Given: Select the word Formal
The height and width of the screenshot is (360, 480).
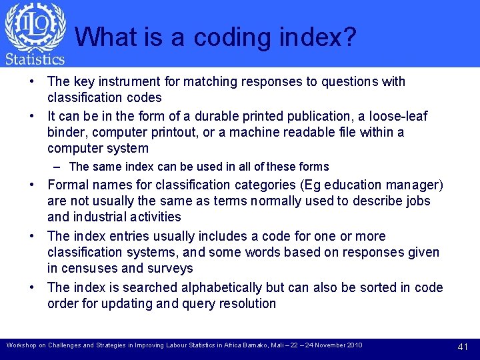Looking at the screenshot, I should (69, 185).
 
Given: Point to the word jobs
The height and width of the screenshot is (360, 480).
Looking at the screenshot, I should (416, 201).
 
